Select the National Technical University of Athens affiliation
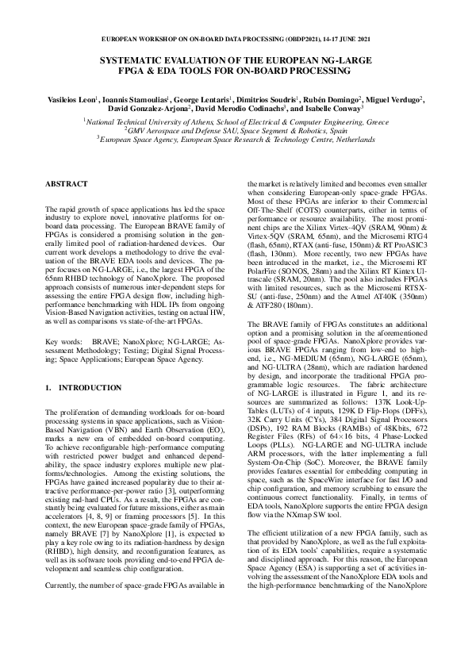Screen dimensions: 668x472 236,124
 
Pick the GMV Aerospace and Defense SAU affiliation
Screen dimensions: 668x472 236,132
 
